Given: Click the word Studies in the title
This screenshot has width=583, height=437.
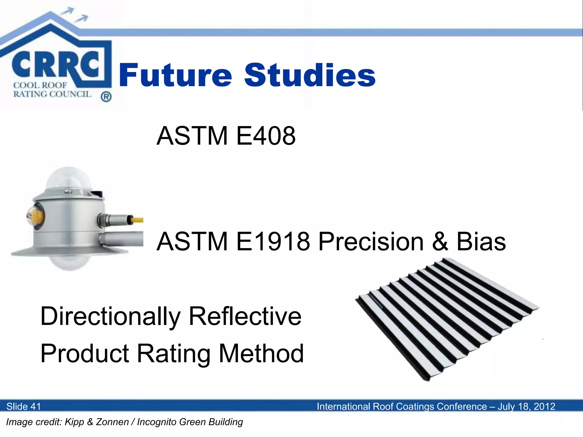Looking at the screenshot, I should pos(310,75).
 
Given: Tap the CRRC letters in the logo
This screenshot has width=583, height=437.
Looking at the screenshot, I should pos(56,65).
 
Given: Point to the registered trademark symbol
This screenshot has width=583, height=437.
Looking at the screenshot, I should pos(106,97).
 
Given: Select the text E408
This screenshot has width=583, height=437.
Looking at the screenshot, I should pos(266,136).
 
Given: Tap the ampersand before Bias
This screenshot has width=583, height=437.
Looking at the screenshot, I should pos(440,242).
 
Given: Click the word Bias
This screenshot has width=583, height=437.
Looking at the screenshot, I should pos(481,242).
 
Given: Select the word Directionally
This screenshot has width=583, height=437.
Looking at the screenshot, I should pos(110,316).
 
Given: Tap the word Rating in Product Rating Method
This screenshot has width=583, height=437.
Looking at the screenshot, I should pos(174,353).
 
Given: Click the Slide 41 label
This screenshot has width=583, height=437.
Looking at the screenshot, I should pos(24,406).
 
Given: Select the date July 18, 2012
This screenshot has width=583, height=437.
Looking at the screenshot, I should pos(526,406).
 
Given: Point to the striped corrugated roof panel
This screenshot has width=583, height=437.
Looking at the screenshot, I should pos(447,319).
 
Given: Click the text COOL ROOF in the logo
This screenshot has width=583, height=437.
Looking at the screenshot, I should pos(40,85).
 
